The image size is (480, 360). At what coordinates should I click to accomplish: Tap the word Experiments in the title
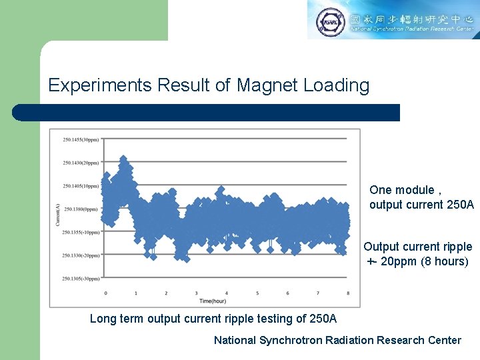101,85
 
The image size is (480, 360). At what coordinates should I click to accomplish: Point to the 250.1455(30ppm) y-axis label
81,139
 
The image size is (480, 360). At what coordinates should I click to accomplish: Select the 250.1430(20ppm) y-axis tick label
81,163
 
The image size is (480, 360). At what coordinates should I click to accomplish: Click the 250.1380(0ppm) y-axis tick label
81,209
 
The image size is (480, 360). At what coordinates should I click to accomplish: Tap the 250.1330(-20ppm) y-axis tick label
81,255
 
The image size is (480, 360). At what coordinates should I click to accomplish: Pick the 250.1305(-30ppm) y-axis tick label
81,278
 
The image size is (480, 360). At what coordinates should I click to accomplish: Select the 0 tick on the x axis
105,293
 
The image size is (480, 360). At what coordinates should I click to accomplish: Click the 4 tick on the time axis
227,293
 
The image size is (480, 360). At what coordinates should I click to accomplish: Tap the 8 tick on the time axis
348,293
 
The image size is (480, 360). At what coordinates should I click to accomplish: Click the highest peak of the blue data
123,159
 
